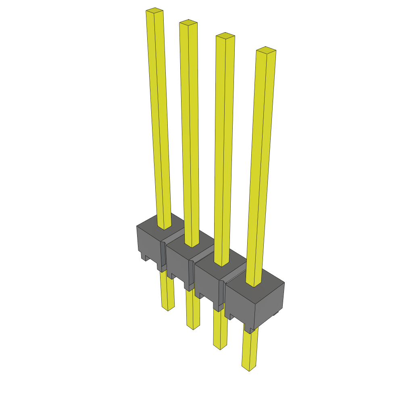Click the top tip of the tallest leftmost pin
[154, 10]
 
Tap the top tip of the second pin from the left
[188, 22]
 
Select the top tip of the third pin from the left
[225, 35]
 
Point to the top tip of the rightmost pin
[266, 50]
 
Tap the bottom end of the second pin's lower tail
[193, 327]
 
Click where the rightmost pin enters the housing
[254, 284]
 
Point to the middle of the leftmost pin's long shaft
[159, 117]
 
